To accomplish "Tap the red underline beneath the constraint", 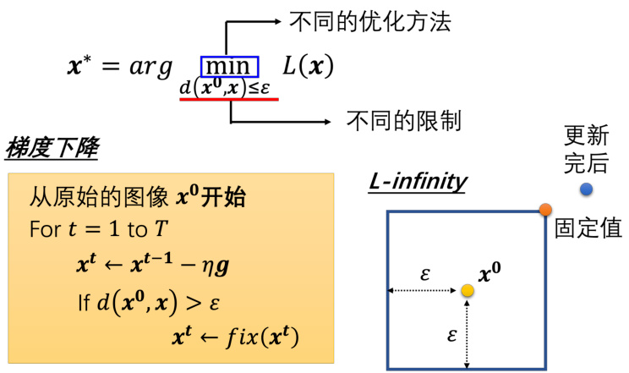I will pyautogui.click(x=228, y=99).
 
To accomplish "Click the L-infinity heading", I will pyautogui.click(x=418, y=181).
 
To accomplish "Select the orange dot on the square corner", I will pyautogui.click(x=545, y=209).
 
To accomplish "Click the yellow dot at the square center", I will pyautogui.click(x=467, y=291).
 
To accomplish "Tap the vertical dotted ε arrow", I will pyautogui.click(x=467, y=332).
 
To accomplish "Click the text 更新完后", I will pyautogui.click(x=585, y=146).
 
